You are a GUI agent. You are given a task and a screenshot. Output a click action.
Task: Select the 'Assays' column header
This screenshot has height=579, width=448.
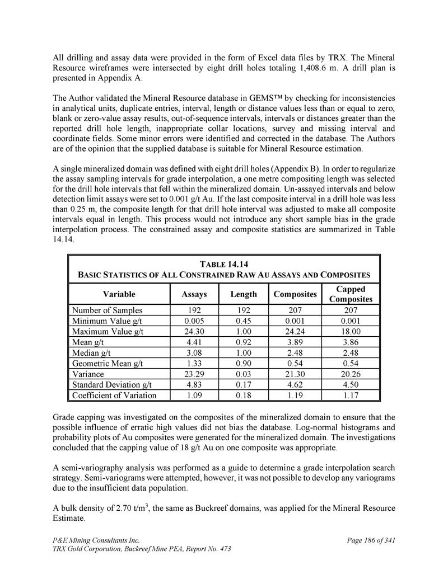[195, 294]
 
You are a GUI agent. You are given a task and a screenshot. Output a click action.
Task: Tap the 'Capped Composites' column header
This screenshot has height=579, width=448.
[351, 294]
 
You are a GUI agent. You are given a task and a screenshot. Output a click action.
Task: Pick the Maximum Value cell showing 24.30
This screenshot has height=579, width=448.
[195, 332]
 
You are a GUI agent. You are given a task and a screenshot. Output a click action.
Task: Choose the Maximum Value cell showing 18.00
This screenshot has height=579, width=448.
[351, 332]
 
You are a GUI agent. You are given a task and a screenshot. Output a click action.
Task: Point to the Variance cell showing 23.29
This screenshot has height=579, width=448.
[195, 374]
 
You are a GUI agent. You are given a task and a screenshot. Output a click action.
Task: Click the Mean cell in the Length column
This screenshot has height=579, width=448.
[244, 342]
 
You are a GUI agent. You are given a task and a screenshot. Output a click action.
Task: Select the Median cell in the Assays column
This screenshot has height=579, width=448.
[195, 352]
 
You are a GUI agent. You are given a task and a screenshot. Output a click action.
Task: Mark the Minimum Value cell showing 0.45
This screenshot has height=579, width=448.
[244, 321]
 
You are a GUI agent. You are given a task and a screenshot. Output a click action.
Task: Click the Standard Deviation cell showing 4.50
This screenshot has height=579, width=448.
[351, 384]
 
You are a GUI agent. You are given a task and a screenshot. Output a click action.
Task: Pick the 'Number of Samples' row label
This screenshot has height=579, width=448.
[107, 310]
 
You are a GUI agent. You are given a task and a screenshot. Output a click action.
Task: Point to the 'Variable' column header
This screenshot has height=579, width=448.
[119, 294]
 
